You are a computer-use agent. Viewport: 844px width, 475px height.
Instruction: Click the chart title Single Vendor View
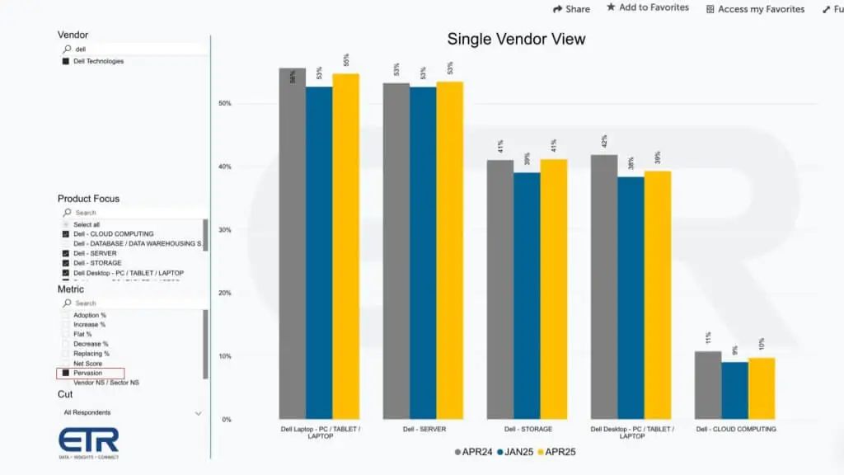click(x=516, y=39)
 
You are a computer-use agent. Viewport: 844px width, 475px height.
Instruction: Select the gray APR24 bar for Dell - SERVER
click(x=396, y=247)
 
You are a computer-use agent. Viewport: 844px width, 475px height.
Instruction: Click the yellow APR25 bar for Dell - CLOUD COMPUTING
click(x=762, y=388)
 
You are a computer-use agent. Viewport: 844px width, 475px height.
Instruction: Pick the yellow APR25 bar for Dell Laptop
click(x=345, y=247)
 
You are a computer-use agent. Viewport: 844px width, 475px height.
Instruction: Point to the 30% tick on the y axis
click(x=225, y=230)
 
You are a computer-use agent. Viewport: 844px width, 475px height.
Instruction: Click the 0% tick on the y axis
click(x=227, y=420)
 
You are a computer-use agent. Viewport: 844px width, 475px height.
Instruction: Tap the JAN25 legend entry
click(x=516, y=452)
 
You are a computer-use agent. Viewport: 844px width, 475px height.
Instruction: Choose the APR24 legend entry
click(x=473, y=452)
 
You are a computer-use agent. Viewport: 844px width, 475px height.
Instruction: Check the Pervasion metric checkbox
click(x=66, y=374)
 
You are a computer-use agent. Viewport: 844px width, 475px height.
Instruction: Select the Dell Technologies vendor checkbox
click(x=66, y=61)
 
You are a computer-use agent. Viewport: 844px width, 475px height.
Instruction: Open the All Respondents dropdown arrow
click(x=198, y=413)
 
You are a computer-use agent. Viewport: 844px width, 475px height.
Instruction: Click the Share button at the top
click(x=571, y=9)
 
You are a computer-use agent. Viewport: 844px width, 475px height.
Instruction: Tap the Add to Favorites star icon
click(x=611, y=7)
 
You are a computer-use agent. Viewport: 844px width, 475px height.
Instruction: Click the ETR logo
click(x=89, y=441)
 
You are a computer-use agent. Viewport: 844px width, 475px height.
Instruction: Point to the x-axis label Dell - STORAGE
click(x=528, y=430)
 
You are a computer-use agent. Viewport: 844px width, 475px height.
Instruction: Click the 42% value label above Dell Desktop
click(x=604, y=141)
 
